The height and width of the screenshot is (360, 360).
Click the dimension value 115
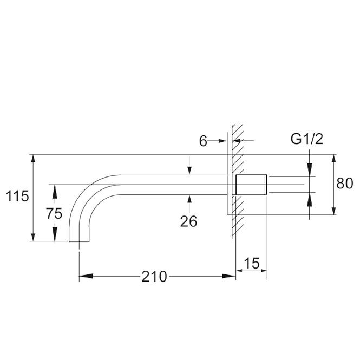(x=17, y=197)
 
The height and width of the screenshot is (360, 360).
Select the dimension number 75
(x=54, y=213)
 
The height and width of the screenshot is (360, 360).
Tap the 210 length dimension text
(x=154, y=277)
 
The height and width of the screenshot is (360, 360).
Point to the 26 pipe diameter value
(x=188, y=221)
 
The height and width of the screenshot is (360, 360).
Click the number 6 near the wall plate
(x=203, y=141)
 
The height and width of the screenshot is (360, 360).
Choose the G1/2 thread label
(x=307, y=139)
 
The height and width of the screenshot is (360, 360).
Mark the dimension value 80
(x=345, y=184)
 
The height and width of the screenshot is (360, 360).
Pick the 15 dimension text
(x=252, y=263)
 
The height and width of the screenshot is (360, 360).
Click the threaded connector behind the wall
(x=252, y=185)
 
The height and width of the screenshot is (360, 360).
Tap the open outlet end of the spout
(x=79, y=241)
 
